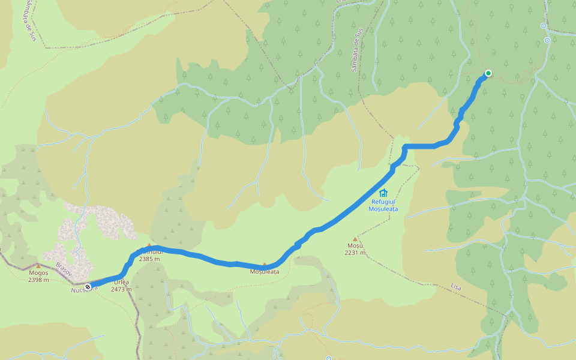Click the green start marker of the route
[488, 73]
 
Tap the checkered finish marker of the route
[88, 287]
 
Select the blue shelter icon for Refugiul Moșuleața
[383, 193]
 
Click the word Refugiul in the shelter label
[383, 202]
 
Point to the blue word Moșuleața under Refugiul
[383, 209]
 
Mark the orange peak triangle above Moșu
[355, 239]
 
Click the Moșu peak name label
[355, 246]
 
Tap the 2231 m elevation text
[355, 253]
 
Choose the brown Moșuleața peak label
[265, 272]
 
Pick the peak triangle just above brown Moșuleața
[264, 264]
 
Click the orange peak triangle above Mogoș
[38, 266]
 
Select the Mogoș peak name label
[38, 273]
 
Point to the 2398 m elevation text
[38, 280]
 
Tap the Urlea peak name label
[121, 282]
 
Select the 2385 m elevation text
[151, 259]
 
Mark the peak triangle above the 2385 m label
[149, 245]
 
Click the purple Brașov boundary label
[64, 268]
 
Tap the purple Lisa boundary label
[455, 287]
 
